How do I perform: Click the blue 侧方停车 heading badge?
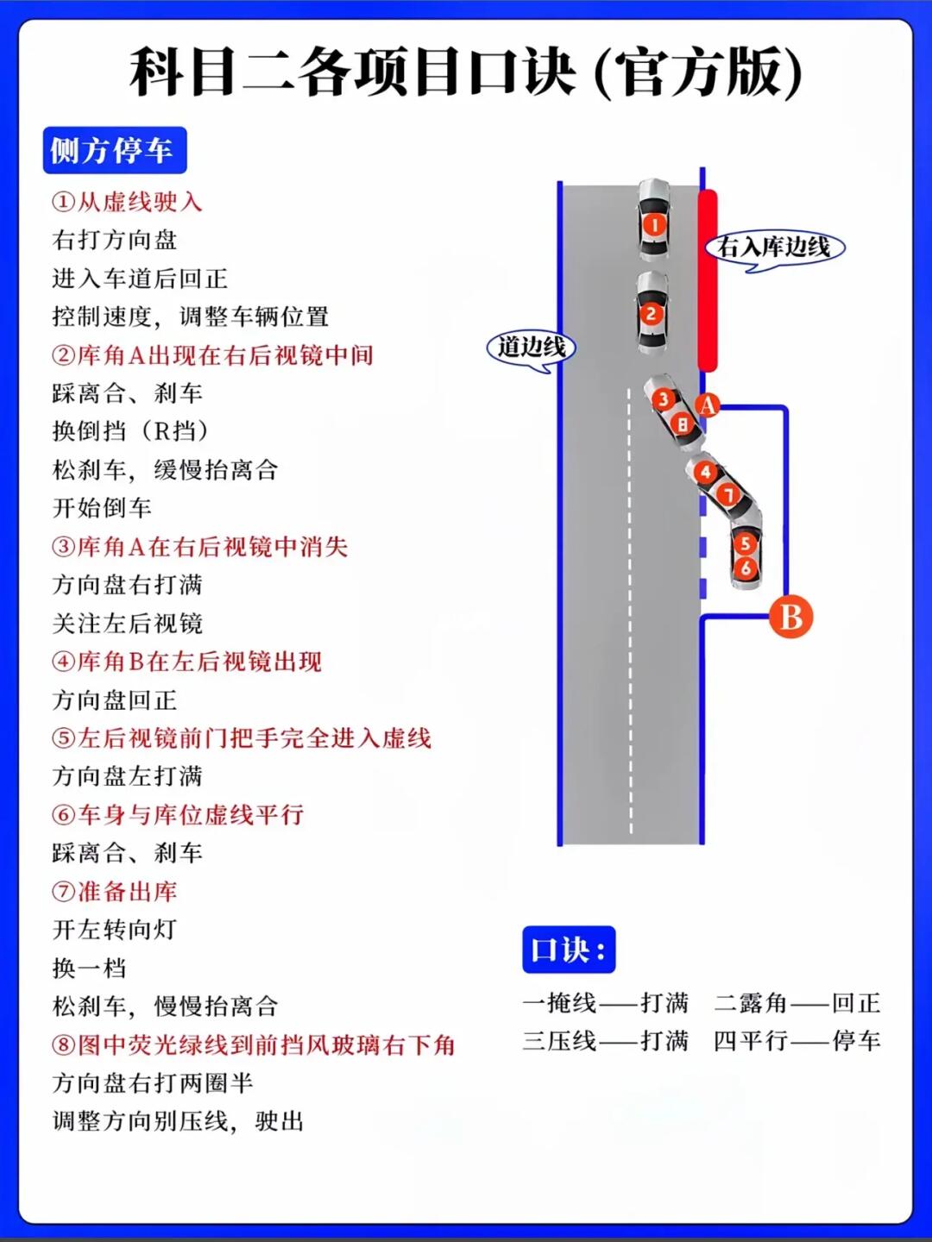point(114,151)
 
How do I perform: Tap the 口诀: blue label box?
point(568,950)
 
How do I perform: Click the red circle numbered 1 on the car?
point(654,225)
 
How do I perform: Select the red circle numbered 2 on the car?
point(652,314)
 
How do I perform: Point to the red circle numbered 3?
point(663,399)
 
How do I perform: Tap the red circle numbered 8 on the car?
point(683,424)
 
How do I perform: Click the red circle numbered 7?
point(728,495)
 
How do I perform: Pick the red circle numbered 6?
point(746,568)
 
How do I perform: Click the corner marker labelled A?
point(708,405)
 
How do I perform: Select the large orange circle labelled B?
point(790,617)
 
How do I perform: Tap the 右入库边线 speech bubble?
point(774,248)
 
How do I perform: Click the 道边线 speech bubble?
point(532,348)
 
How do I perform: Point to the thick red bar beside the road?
point(708,280)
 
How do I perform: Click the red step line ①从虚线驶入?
point(127,202)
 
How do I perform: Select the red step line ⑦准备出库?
point(115,891)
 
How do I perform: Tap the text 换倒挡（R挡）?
point(130,431)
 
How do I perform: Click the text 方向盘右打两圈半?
point(153,1083)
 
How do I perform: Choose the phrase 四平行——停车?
point(797,1041)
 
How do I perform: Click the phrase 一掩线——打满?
point(606,1003)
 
